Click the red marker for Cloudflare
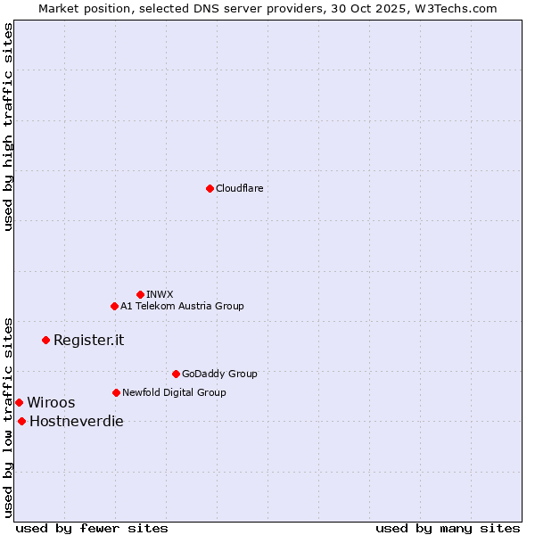pos(210,188)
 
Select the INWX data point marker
pos(140,294)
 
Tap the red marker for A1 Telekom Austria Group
pos(114,306)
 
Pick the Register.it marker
pos(45,340)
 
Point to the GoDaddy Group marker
pos(176,374)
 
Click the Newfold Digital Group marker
pos(116,392)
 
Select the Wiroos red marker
pos(19,402)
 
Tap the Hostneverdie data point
pos(21,421)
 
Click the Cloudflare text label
pos(239,188)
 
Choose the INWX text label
pos(160,294)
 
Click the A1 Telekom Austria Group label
pos(182,306)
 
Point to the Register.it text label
pos(88,340)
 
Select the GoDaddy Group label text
pos(219,374)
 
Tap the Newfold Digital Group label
pos(174,392)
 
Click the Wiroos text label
pos(51,402)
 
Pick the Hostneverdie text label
pos(77,421)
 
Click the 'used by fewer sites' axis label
pos(92,528)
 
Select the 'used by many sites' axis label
pos(448,528)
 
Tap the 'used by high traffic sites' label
pos(8,128)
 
